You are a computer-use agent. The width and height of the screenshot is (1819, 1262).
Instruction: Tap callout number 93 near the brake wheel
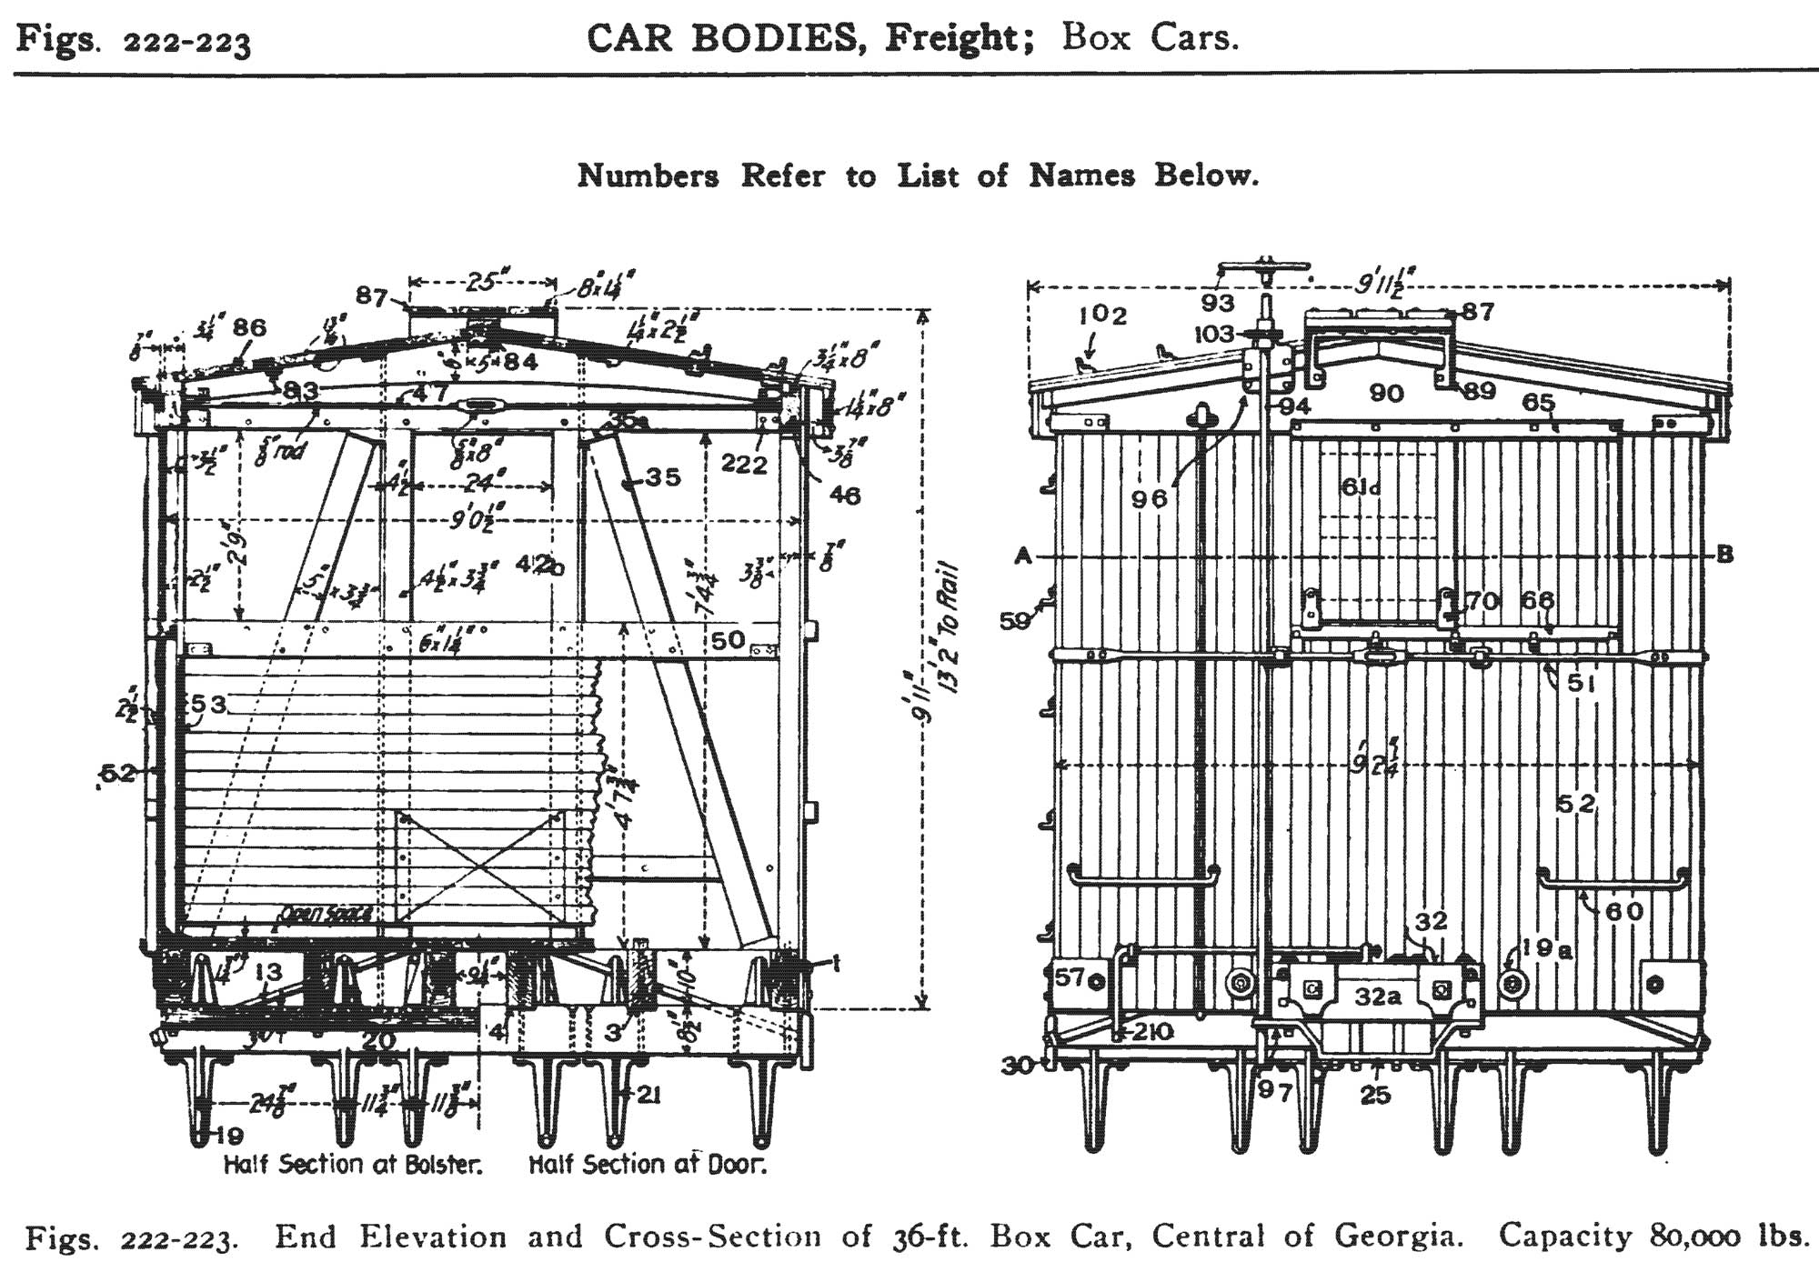pos(1217,303)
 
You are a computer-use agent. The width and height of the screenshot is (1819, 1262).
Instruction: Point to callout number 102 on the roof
pos(1102,315)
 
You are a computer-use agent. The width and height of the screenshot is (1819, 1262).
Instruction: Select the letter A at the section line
pos(1023,556)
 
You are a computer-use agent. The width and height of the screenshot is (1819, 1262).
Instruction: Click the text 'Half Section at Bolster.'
pos(353,1164)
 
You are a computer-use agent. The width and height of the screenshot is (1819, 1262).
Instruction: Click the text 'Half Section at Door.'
pos(648,1164)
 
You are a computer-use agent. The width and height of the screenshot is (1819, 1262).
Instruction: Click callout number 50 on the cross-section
pos(728,640)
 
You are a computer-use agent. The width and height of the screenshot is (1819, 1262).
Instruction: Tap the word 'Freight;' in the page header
pos(959,38)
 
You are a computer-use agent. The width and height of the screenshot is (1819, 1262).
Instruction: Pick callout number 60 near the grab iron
pos(1624,910)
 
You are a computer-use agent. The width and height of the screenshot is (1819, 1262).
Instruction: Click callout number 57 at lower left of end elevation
pos(1070,977)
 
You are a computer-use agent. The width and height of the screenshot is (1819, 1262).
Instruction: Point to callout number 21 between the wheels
pos(647,1096)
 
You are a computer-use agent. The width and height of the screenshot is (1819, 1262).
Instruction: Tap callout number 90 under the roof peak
pos(1386,393)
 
